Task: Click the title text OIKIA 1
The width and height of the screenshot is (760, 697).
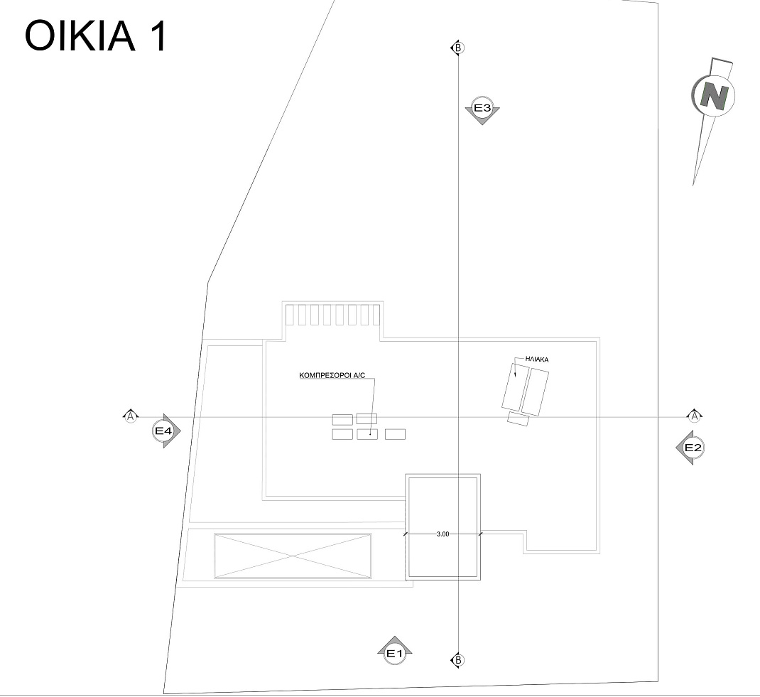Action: click(95, 36)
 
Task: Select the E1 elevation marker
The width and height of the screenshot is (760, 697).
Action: click(394, 650)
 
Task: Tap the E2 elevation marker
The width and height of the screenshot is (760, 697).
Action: click(690, 448)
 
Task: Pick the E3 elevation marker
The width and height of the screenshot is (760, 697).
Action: click(482, 110)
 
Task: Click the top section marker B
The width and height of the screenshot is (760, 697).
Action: click(457, 48)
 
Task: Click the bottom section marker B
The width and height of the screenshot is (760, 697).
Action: click(457, 660)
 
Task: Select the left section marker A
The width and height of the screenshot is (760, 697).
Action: click(131, 416)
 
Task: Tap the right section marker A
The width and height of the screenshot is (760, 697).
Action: click(695, 416)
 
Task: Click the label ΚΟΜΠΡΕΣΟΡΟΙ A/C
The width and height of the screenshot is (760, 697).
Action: click(332, 375)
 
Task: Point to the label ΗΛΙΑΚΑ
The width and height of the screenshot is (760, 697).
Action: click(537, 360)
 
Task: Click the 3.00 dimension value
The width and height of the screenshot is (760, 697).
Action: click(443, 534)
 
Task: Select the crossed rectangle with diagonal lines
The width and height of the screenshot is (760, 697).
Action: click(293, 556)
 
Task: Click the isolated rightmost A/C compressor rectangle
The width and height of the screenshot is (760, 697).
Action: click(395, 434)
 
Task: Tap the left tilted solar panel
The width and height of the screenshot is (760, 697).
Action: click(514, 387)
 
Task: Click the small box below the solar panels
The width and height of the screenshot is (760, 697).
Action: click(518, 418)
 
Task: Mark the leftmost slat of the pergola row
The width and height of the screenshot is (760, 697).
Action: click(289, 315)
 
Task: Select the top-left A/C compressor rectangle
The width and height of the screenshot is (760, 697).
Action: click(342, 420)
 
